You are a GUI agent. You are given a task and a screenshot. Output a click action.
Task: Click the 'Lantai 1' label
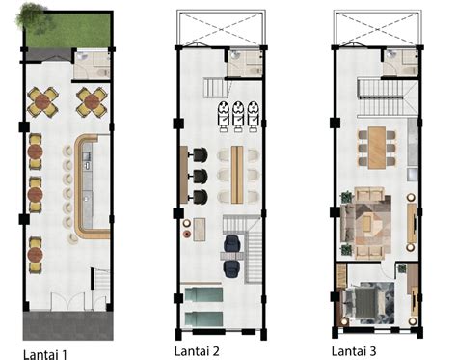pyautogui.click(x=45, y=354)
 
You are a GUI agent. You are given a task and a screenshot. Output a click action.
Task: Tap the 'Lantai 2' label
pyautogui.click(x=197, y=350)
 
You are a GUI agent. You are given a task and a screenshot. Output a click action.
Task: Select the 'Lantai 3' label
pyautogui.click(x=354, y=350)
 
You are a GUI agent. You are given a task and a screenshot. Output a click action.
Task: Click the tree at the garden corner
pyautogui.click(x=31, y=16)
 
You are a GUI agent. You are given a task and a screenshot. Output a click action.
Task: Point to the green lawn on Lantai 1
pyautogui.click(x=68, y=30)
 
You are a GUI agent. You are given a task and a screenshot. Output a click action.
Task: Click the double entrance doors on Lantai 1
pyautogui.click(x=67, y=301)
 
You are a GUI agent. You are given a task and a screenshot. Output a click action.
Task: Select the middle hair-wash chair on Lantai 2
pyautogui.click(x=237, y=116)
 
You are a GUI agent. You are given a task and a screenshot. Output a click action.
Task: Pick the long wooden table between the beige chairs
pyautogui.click(x=237, y=175)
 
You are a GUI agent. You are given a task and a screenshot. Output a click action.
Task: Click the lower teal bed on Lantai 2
pyautogui.click(x=203, y=318)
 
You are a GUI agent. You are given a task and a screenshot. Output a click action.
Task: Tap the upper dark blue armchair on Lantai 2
pyautogui.click(x=230, y=243)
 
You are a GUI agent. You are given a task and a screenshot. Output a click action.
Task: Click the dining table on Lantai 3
pyautogui.click(x=377, y=148)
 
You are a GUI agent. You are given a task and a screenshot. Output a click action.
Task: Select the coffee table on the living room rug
pyautogui.click(x=367, y=223)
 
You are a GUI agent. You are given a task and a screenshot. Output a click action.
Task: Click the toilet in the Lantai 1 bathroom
pyautogui.click(x=103, y=72)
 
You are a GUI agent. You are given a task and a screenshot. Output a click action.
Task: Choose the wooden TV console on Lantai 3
pyautogui.click(x=412, y=223)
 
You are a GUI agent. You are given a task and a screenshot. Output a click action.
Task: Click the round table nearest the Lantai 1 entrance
pyautogui.click(x=35, y=255)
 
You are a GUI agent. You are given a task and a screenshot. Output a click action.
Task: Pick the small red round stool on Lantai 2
pyautogui.click(x=187, y=234)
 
